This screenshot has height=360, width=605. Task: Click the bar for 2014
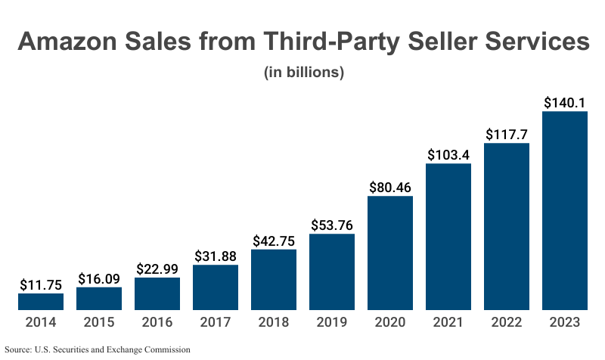click(x=41, y=302)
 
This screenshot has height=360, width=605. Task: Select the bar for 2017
click(x=216, y=287)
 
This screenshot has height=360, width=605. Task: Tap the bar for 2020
click(x=390, y=253)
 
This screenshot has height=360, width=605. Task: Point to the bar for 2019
click(x=332, y=272)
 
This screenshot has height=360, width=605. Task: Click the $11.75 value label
click(x=41, y=285)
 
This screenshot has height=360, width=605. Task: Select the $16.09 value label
click(x=99, y=278)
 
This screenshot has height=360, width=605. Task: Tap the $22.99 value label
click(x=157, y=268)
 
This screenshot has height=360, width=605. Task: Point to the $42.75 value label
click(x=274, y=240)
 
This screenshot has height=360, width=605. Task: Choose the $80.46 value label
click(x=390, y=186)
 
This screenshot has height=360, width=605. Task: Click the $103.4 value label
click(x=448, y=154)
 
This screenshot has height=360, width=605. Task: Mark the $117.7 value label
click(x=507, y=134)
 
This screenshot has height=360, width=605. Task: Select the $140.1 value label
click(x=565, y=102)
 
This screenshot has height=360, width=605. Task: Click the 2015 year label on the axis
click(x=99, y=322)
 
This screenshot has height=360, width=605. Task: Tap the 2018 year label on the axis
click(x=274, y=322)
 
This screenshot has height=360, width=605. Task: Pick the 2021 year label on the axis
click(x=448, y=322)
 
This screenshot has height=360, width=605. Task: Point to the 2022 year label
click(x=507, y=322)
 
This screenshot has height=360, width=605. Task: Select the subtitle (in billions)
click(x=303, y=73)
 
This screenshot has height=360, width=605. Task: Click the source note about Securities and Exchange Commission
click(x=98, y=349)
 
